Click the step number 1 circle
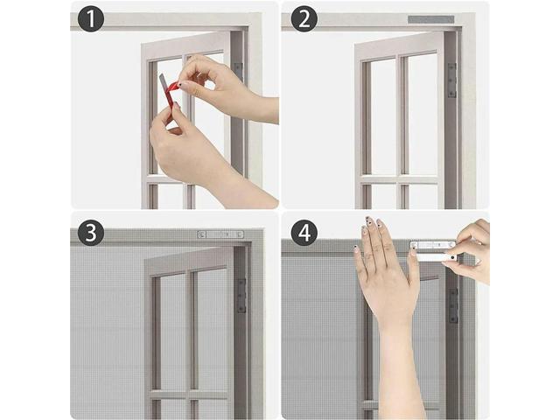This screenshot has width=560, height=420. click(x=91, y=19)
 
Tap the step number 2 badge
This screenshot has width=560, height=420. click(x=304, y=19)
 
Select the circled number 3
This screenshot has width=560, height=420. click(x=91, y=233)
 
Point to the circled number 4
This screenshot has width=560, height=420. click(x=304, y=233)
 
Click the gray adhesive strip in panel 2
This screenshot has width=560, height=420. click(x=430, y=19)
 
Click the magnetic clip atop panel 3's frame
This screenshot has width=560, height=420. click(x=220, y=234)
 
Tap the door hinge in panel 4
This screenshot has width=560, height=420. click(x=453, y=304)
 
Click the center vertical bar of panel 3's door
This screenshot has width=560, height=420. click(x=191, y=332)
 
